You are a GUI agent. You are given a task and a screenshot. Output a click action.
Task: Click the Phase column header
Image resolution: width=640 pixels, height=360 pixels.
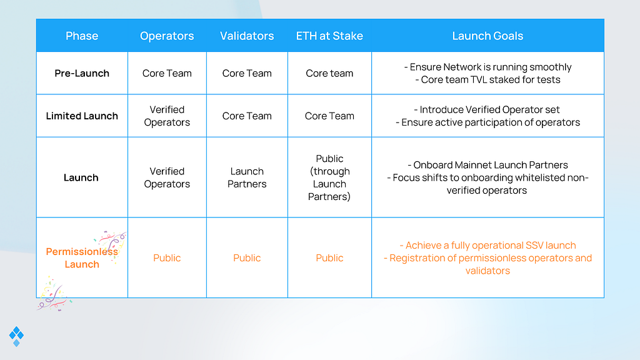(x=82, y=36)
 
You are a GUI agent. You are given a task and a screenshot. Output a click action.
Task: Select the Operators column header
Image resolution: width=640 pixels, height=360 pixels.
(x=167, y=36)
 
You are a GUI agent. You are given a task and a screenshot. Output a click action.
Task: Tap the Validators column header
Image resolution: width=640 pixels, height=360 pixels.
(x=247, y=36)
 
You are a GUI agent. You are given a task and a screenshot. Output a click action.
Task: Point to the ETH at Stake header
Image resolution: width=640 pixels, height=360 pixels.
(x=329, y=36)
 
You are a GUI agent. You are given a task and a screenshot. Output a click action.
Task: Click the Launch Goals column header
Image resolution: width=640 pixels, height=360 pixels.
(x=487, y=36)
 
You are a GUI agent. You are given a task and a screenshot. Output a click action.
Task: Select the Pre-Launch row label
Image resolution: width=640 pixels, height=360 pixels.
(x=82, y=73)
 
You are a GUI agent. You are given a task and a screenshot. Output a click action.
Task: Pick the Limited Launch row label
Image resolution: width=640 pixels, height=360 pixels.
(x=82, y=116)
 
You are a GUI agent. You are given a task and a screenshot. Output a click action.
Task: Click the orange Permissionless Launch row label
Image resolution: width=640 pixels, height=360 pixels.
(x=82, y=257)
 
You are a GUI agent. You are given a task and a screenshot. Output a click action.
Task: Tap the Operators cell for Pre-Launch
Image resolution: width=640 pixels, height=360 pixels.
(x=167, y=73)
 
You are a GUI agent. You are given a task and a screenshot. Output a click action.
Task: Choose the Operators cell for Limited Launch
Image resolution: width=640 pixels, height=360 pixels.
(x=167, y=116)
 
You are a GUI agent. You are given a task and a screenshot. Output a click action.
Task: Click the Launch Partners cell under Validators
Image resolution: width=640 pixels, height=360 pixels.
(x=247, y=177)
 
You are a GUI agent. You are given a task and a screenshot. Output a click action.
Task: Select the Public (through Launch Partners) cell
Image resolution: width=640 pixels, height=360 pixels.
(x=329, y=177)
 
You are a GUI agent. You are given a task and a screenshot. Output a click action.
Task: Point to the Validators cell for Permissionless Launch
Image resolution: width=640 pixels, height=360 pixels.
(x=247, y=257)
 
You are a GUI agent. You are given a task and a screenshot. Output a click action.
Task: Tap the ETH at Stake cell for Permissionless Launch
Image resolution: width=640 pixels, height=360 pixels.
(x=329, y=257)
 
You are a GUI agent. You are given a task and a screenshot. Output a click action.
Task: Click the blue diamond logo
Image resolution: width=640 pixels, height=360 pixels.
(x=16, y=336)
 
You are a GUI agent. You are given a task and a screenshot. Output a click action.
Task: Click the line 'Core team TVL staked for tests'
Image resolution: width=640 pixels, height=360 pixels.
(x=491, y=79)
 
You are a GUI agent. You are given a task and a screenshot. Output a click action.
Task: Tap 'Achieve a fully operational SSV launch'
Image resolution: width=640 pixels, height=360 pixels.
(x=488, y=245)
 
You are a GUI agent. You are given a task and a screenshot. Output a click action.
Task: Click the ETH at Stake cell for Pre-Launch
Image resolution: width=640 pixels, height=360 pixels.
(x=329, y=73)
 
